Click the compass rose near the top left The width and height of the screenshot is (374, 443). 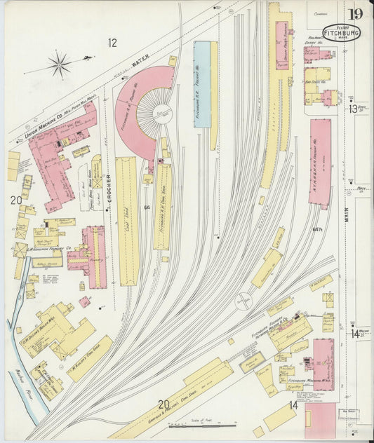(x=60, y=65)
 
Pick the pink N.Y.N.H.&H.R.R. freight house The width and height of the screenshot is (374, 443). (x=320, y=163)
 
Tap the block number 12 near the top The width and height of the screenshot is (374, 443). (x=112, y=43)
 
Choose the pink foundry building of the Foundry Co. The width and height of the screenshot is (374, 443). (x=95, y=257)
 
